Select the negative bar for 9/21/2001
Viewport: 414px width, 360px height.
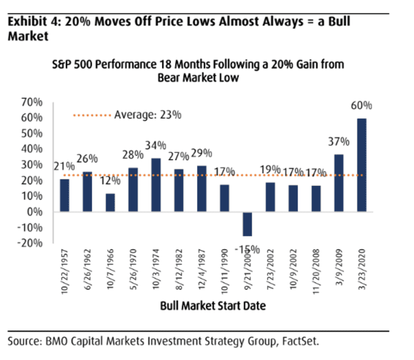(247, 224)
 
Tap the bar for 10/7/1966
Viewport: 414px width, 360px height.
(111, 202)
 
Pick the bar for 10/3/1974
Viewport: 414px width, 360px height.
(156, 185)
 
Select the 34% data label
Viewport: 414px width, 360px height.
(156, 146)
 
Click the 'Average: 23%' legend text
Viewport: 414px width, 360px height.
(147, 115)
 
